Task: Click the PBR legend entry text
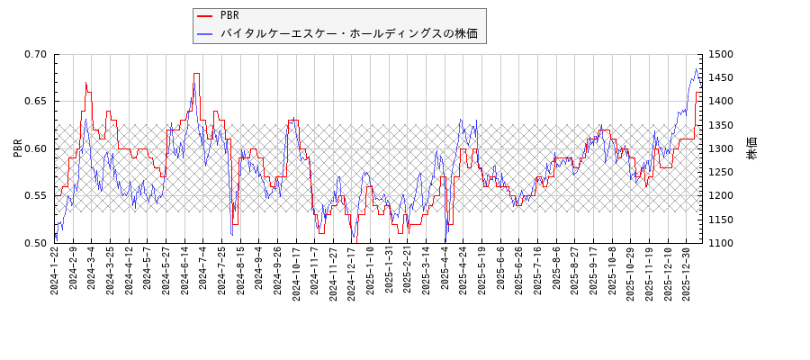click(229, 15)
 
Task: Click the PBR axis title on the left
click(17, 148)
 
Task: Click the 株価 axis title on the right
click(752, 148)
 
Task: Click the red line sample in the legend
click(205, 15)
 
